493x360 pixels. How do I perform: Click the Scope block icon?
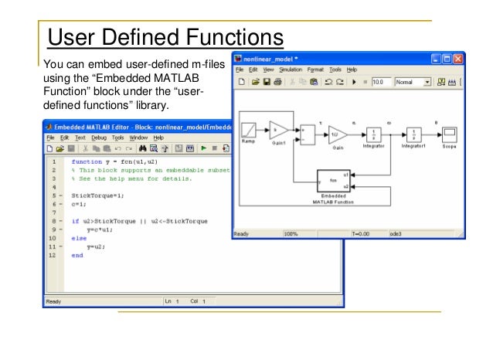pos(450,133)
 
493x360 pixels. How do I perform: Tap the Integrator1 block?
pos(413,134)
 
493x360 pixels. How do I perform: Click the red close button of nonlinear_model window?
pos(458,58)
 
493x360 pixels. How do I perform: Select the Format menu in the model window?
pos(316,69)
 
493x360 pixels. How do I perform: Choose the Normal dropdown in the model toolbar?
pos(413,81)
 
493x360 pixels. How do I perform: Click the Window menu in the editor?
pos(138,137)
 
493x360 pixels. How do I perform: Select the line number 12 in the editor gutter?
pos(52,254)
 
